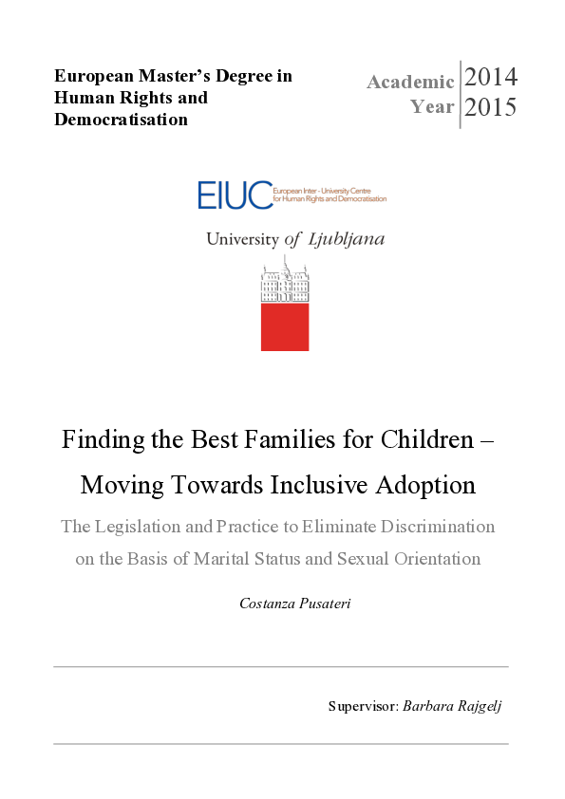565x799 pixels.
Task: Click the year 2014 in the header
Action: coord(491,77)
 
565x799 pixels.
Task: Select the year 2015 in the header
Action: coord(491,107)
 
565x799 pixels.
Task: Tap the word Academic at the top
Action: coord(410,82)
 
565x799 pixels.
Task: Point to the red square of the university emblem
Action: coord(285,326)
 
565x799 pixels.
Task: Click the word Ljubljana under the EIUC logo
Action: coord(347,239)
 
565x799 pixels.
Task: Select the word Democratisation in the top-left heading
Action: coord(121,120)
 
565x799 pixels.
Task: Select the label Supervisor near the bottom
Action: coord(362,706)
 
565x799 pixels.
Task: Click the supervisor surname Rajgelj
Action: coord(479,706)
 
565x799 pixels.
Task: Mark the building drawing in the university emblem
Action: coord(285,282)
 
